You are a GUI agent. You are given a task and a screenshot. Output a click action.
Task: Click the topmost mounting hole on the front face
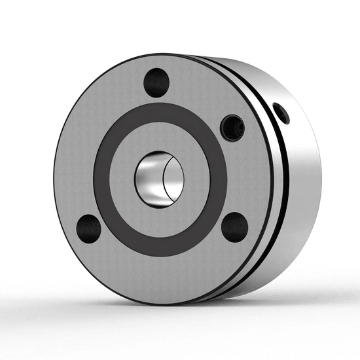(156, 82)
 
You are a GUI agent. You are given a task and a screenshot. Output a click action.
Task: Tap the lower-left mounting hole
(88, 227)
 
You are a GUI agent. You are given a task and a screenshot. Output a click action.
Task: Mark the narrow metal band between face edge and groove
(270, 190)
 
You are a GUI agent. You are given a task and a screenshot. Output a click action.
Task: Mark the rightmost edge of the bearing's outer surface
(321, 177)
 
